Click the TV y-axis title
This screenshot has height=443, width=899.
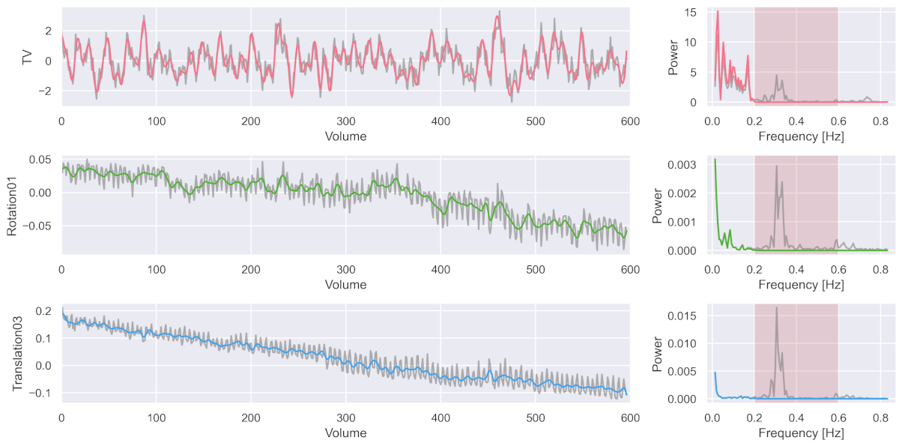[28, 57]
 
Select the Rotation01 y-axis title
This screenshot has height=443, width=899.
[13, 205]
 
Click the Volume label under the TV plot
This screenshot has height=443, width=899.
[345, 136]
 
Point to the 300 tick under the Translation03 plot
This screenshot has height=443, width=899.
[345, 417]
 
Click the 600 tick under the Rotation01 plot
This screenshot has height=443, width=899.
[629, 268]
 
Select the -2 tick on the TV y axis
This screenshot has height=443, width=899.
[48, 91]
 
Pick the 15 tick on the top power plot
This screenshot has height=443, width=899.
[691, 12]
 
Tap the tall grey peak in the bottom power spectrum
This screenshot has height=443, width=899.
[776, 308]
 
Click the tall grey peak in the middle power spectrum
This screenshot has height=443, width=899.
[776, 166]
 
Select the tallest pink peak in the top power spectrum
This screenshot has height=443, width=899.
[717, 11]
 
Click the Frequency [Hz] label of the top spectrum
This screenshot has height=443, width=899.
[796, 136]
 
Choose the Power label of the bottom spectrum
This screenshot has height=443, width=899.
[657, 353]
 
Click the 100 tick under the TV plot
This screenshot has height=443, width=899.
[156, 121]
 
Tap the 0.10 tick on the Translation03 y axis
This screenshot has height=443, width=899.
[43, 338]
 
